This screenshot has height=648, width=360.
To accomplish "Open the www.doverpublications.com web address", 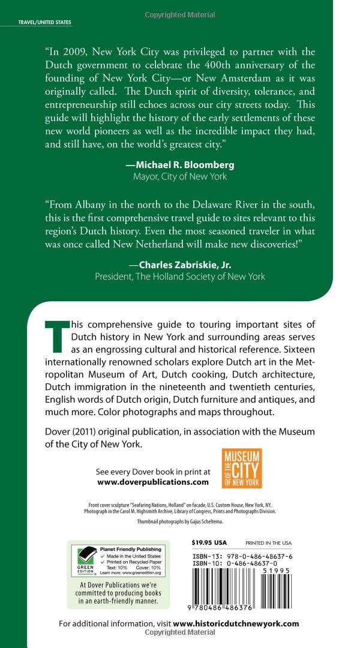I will (x=152, y=481).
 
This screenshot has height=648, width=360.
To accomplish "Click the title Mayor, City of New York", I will (x=179, y=176).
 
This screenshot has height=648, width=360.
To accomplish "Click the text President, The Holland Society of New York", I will (x=179, y=276).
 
